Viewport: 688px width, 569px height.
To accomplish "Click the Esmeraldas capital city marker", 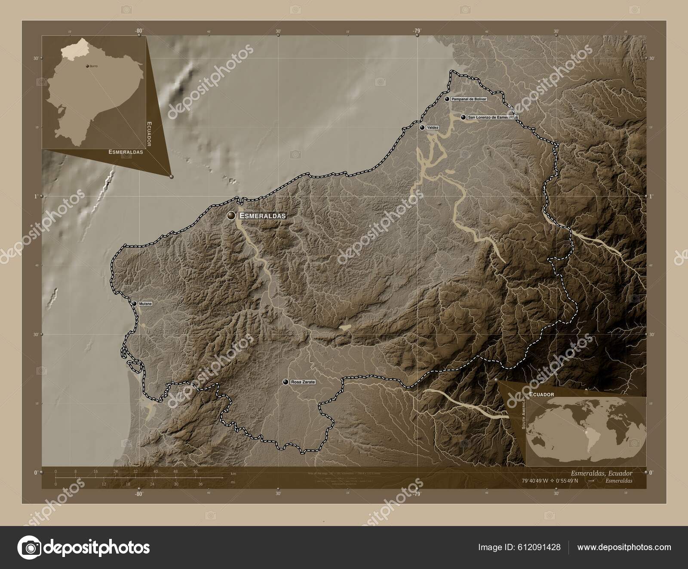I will coord(232,216).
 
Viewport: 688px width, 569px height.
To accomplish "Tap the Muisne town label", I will coord(145,304).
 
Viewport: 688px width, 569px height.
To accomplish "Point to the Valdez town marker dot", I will coord(422,128).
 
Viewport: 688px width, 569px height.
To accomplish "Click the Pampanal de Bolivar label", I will coord(469,99).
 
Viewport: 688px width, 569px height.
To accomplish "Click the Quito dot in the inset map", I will coord(88,66).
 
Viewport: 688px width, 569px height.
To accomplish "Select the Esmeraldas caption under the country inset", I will coord(126,152).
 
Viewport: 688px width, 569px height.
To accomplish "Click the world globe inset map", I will coord(586,431).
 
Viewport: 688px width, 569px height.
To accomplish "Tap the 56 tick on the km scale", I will coord(196,471).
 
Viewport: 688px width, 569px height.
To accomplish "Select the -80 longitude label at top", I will coord(138,31).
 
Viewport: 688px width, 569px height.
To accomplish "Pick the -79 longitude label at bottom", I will coord(416,495).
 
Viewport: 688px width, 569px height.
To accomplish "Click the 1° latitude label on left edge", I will coord(36,196).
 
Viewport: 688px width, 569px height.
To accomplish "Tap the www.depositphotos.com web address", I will coord(624,547).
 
